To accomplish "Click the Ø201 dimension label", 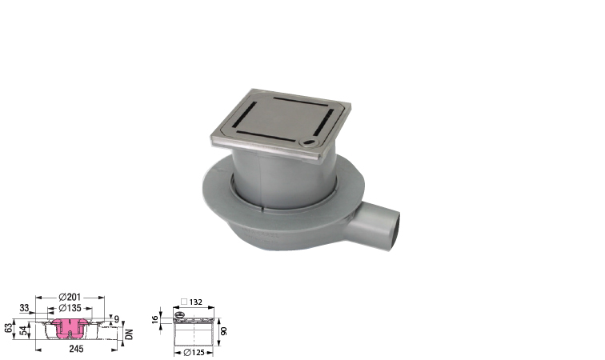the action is tap(70, 297).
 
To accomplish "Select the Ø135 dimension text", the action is tap(70, 308).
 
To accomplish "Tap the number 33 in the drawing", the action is tap(24, 308).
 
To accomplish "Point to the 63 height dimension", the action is tap(9, 329).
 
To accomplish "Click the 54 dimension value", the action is tap(24, 330).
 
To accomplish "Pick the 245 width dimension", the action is tap(76, 349).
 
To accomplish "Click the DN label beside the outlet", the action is tap(130, 334).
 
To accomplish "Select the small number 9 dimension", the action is tap(117, 319).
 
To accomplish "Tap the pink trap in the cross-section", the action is tap(70, 327).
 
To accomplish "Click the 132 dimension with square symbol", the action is tap(192, 302).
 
